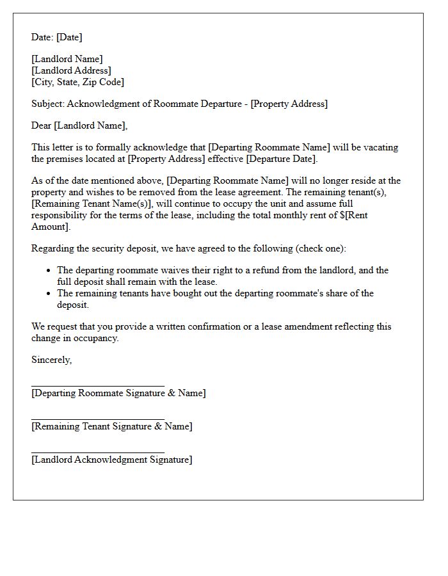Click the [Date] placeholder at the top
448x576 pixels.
(x=69, y=37)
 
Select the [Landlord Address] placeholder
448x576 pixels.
(x=71, y=70)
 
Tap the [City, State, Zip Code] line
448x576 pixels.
(x=77, y=82)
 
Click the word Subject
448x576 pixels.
(x=47, y=104)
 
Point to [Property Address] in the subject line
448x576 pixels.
(x=289, y=104)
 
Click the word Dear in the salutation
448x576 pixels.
(x=42, y=125)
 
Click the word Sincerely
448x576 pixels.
(x=51, y=360)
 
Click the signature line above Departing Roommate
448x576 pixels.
(x=97, y=387)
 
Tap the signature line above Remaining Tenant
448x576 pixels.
(x=97, y=420)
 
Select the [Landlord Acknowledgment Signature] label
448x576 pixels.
(x=111, y=460)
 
